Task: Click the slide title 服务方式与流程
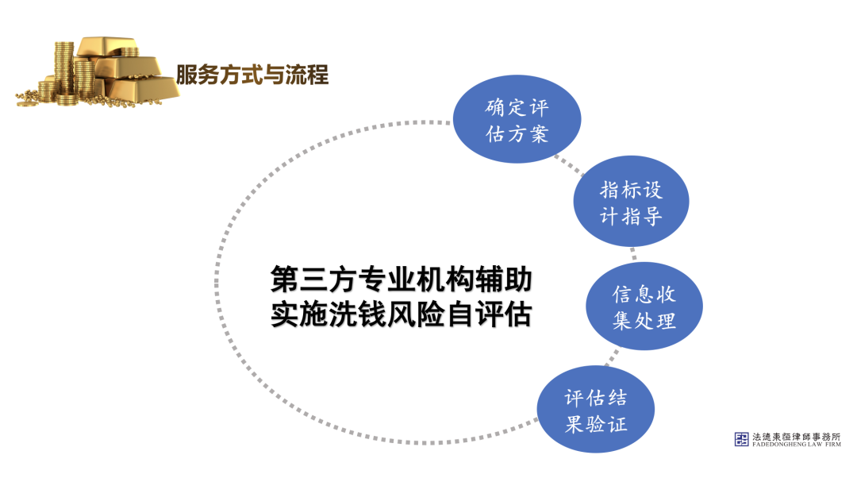[x=252, y=76]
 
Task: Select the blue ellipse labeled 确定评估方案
[x=517, y=120]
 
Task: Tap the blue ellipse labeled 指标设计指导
[x=631, y=202]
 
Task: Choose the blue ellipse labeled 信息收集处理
[x=644, y=307]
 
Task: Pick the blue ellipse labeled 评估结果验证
[x=596, y=410]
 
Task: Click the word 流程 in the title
[x=309, y=76]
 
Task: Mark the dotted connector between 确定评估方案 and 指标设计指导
[x=569, y=163]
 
